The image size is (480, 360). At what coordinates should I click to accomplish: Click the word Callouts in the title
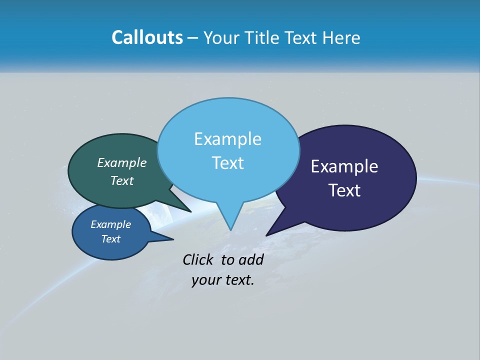tap(147, 37)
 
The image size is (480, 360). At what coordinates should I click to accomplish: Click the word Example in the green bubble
tap(122, 162)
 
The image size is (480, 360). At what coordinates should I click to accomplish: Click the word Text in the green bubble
tap(122, 180)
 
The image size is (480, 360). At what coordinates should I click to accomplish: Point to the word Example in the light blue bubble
tap(227, 139)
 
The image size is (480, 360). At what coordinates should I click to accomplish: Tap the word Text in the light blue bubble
tap(227, 163)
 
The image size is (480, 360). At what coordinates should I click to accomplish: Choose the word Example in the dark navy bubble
tap(344, 166)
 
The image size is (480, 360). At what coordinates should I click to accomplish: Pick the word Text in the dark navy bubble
tap(344, 190)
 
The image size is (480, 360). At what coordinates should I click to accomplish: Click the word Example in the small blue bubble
tap(110, 224)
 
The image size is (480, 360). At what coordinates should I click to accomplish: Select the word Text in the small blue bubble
tap(110, 239)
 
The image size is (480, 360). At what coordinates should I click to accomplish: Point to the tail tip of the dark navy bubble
tap(267, 234)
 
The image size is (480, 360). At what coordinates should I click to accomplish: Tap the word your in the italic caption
tap(203, 280)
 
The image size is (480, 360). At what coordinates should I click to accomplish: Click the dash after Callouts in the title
tap(193, 38)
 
